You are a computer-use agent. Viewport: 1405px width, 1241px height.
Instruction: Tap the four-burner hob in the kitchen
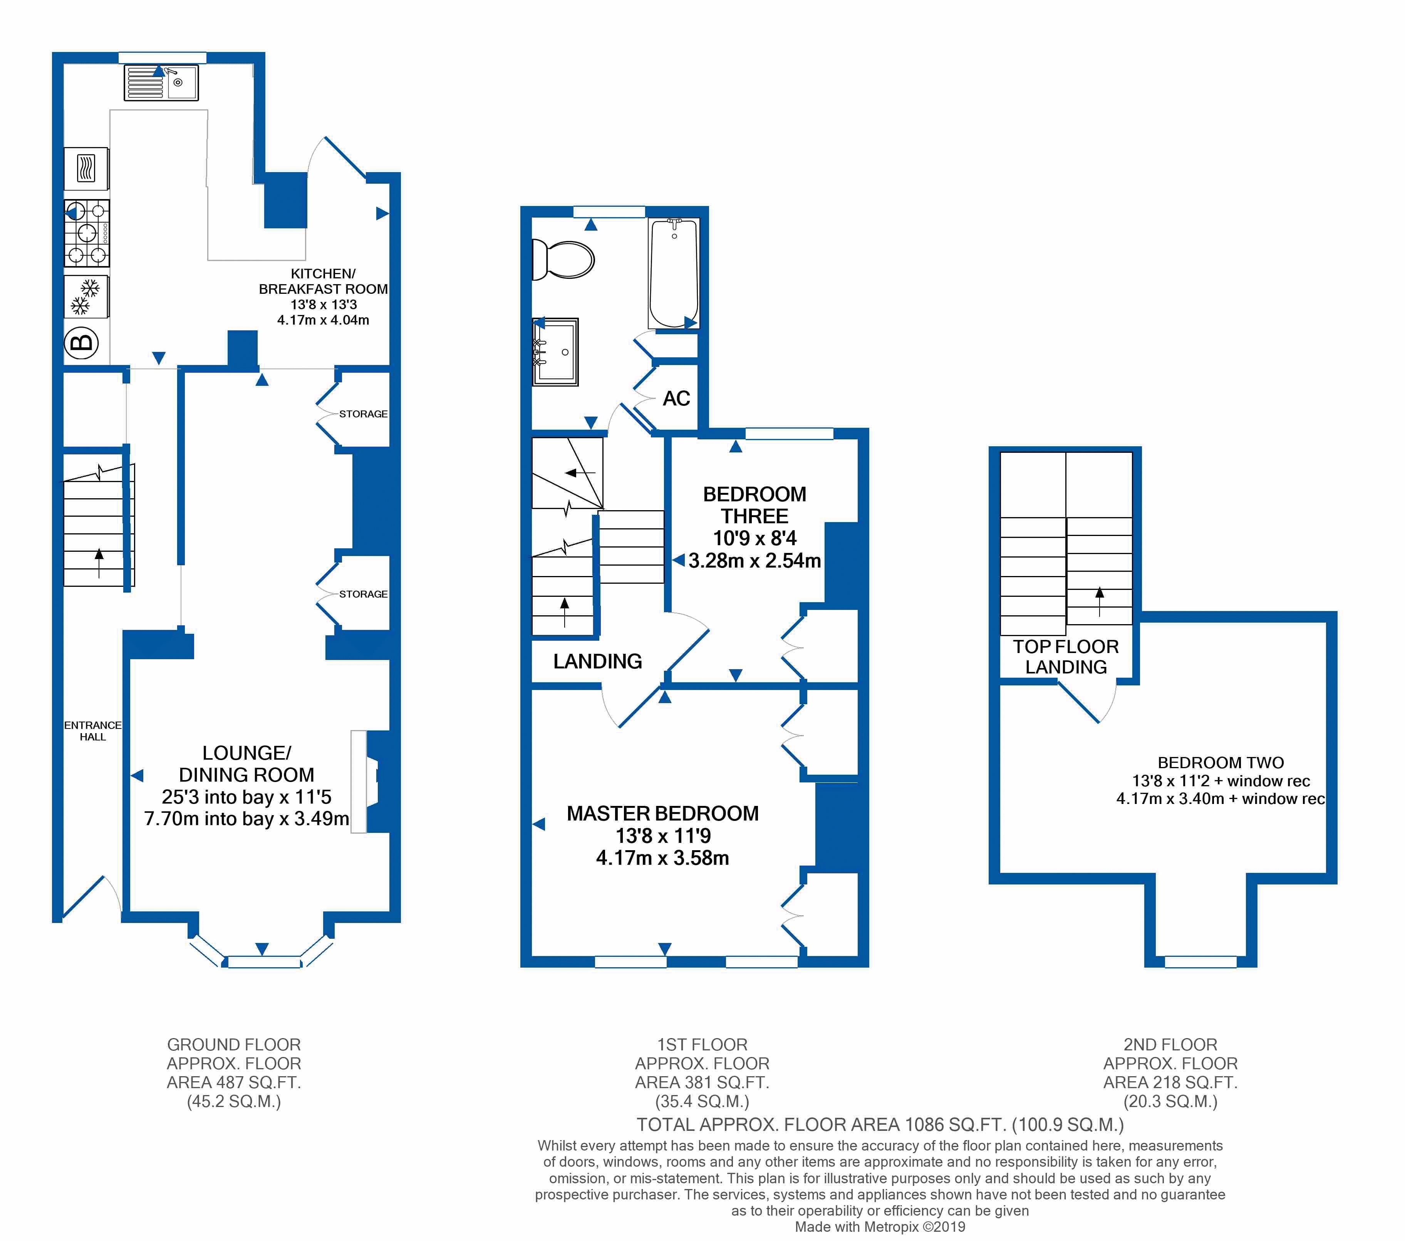[87, 233]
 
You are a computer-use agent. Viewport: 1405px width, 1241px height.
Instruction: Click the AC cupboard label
[676, 399]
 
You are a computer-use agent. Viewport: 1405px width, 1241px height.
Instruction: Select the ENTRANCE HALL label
[93, 730]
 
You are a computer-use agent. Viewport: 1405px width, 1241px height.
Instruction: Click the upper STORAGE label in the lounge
[363, 414]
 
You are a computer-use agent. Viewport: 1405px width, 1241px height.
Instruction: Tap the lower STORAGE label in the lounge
[363, 594]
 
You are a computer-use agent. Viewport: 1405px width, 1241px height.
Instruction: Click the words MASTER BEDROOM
[662, 814]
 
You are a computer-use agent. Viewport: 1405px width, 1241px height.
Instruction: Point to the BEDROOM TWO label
[1221, 763]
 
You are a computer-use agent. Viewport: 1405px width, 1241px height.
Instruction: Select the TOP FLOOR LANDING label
[1066, 657]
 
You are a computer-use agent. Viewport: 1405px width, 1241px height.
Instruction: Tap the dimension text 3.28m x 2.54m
[755, 561]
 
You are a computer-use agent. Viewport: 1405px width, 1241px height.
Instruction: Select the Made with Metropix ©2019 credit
[880, 1227]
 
